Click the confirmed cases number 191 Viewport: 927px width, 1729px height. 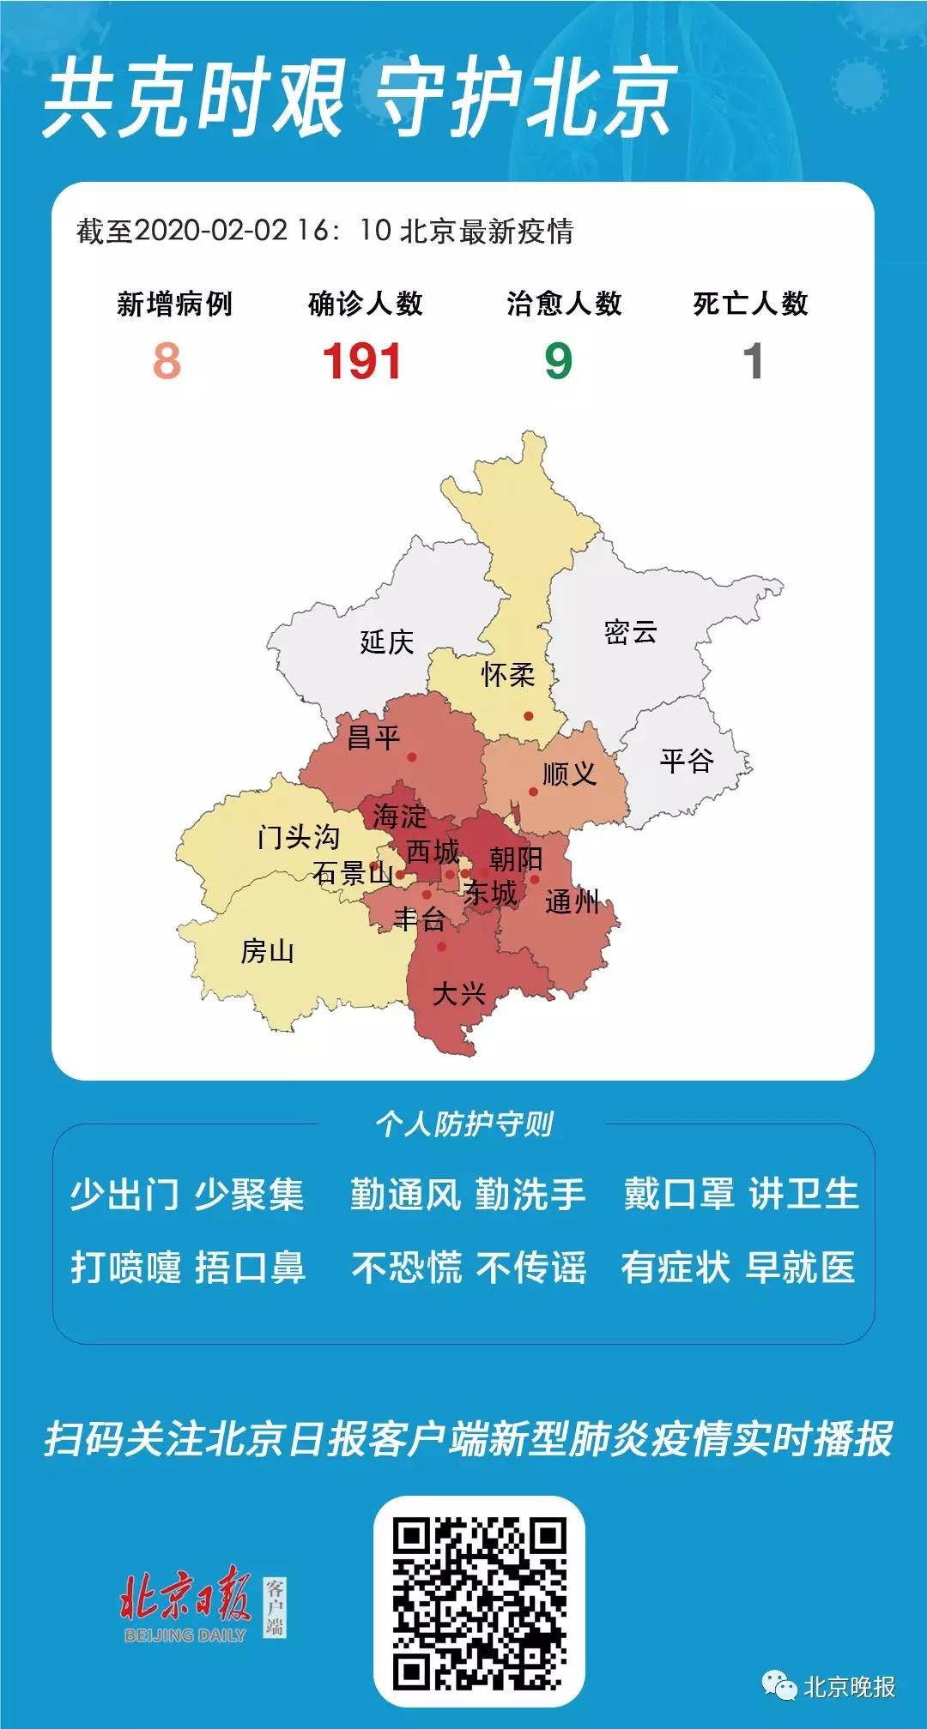coord(362,361)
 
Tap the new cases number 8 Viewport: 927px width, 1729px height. coord(167,361)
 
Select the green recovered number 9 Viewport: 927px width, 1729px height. coord(558,361)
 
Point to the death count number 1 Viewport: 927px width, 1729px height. coord(753,361)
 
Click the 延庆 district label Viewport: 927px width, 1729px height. coord(386,642)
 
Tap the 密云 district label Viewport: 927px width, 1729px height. coord(631,632)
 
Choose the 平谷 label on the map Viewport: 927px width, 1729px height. coord(687,760)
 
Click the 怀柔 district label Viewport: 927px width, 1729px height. coord(508,675)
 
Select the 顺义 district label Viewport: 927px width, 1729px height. coord(569,774)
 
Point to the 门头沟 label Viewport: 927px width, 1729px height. coord(299,836)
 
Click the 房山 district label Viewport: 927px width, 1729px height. coord(267,951)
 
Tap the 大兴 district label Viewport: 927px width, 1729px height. coord(459,994)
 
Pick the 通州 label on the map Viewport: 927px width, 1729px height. coord(572,901)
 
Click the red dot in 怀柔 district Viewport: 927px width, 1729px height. coord(529,716)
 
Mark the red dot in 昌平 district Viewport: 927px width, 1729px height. coord(412,757)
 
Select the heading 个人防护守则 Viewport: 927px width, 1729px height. coord(463,1124)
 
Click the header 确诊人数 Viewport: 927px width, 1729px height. coord(366,304)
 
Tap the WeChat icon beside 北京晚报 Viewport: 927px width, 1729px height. coord(779,1686)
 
